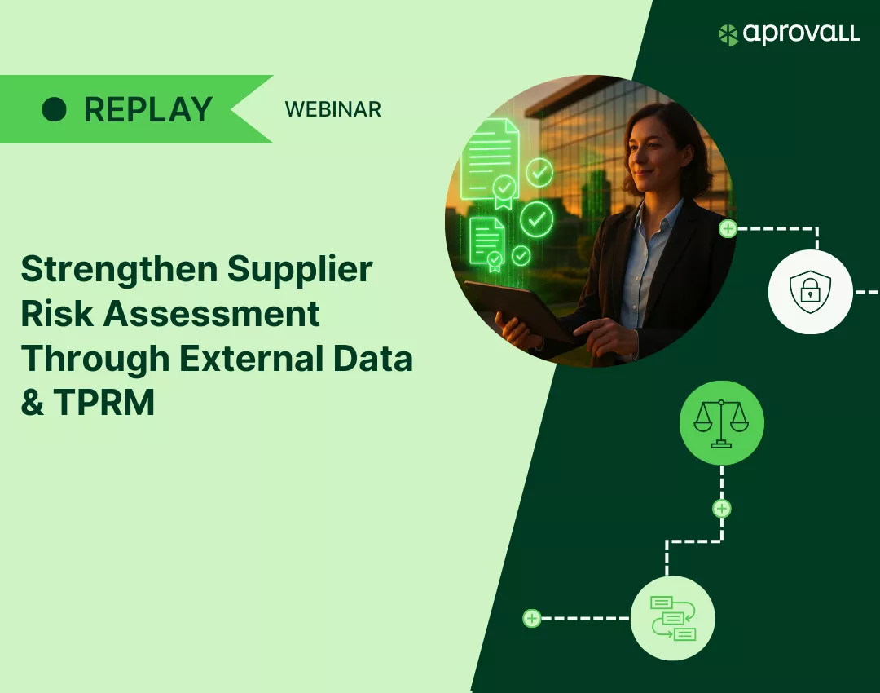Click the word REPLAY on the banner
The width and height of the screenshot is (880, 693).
148,109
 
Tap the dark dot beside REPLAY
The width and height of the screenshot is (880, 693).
55,109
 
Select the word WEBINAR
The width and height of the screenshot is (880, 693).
332,109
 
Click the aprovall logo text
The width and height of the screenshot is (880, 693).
801,33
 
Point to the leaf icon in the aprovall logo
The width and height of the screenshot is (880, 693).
728,35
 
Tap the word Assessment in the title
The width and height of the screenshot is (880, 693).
212,313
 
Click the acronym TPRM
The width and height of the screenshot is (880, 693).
104,403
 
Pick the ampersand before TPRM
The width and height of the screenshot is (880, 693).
33,403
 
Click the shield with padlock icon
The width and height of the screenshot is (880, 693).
810,291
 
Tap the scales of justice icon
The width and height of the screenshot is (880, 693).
721,423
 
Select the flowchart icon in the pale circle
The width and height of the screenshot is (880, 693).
673,618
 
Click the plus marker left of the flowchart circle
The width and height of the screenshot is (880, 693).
532,618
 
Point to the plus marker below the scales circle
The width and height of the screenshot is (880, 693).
722,509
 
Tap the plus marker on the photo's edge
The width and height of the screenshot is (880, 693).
728,228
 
